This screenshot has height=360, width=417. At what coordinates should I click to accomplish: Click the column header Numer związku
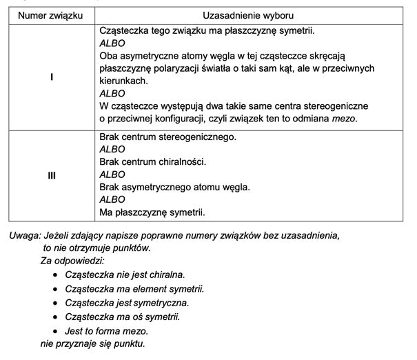50,15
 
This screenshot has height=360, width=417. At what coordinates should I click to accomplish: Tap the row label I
51,78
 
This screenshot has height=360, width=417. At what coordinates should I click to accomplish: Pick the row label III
51,175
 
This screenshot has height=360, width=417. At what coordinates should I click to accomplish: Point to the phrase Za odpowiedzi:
72,261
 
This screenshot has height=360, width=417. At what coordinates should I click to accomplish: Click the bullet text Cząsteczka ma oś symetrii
123,317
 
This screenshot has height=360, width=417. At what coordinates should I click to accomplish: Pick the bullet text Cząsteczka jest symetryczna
127,303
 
